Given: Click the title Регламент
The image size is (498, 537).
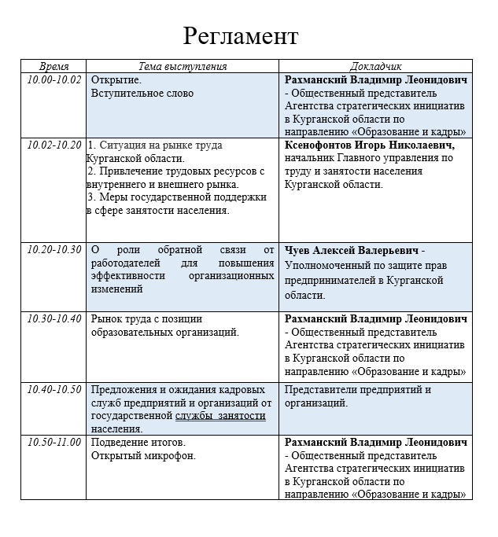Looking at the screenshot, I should pos(241,35).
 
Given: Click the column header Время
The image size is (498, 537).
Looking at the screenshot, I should pos(54,67).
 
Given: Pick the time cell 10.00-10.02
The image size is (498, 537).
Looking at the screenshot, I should pos(54,80).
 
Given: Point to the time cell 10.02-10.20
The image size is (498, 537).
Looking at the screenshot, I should pos(54,145).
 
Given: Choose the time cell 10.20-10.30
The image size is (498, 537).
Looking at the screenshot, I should pos(54,249).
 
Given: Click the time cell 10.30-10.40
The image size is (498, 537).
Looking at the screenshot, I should pos(54,318).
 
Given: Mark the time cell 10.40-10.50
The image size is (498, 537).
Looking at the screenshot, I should pos(54,389).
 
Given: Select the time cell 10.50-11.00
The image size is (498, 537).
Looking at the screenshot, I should pos(54,442).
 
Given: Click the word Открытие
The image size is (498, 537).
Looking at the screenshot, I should pos(116,80).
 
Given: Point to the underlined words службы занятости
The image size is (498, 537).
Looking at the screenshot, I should pos(220,415).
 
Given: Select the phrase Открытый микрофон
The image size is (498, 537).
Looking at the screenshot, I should pos(143,455).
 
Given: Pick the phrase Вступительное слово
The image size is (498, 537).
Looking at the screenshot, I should pos(142,94).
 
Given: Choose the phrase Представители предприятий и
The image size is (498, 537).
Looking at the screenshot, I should pos(358,389).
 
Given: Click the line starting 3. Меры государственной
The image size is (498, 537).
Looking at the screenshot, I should pos(177,197).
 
